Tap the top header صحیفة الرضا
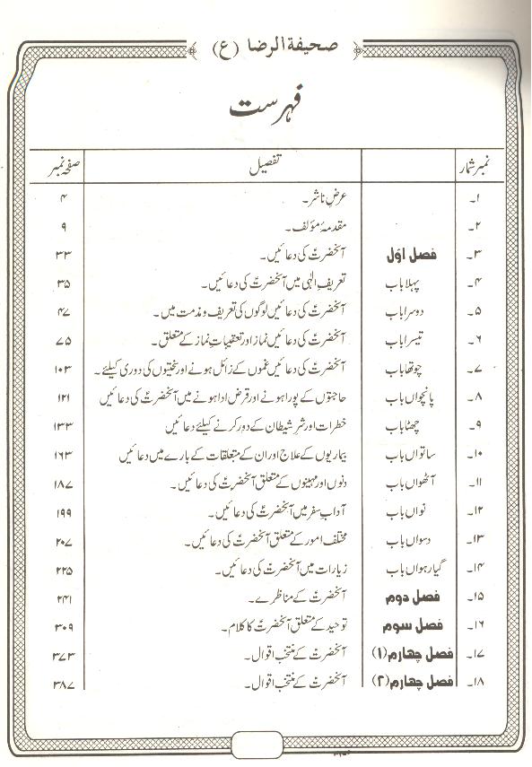[266, 40]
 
